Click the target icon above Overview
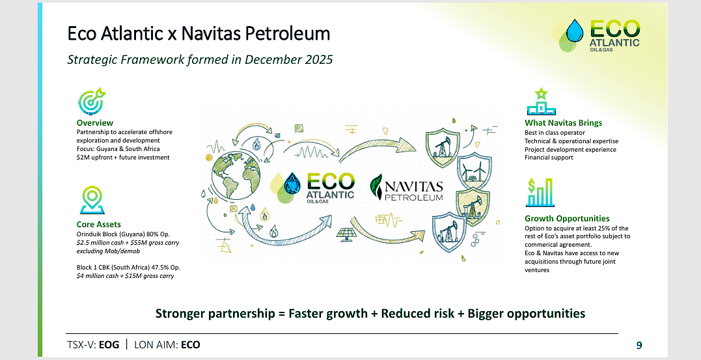[x=92, y=101]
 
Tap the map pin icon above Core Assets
[x=92, y=200]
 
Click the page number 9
[x=639, y=345]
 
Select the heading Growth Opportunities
[x=567, y=218]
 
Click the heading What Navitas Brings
[x=563, y=122]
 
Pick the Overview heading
[x=95, y=122]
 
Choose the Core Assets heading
[x=99, y=224]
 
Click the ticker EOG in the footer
[x=109, y=345]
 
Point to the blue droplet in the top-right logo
[x=575, y=31]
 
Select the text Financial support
[x=549, y=158]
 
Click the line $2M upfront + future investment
[x=123, y=158]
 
